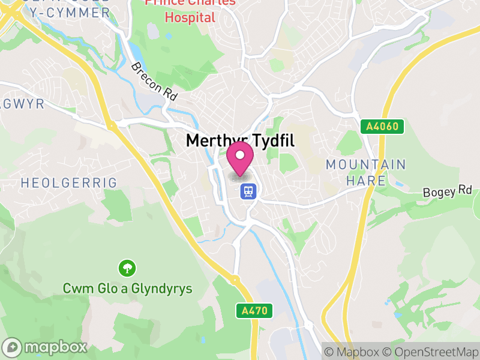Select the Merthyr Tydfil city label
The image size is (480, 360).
click(x=240, y=140)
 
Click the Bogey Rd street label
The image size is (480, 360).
click(x=448, y=192)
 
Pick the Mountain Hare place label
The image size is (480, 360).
click(x=366, y=172)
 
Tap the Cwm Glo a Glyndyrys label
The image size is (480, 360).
click(x=127, y=289)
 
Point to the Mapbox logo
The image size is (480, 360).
click(x=46, y=347)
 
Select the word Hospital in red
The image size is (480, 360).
click(x=190, y=17)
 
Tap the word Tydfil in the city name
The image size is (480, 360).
click(x=268, y=140)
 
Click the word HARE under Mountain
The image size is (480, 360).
click(x=367, y=179)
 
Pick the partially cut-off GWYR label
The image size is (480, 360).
click(x=22, y=104)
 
